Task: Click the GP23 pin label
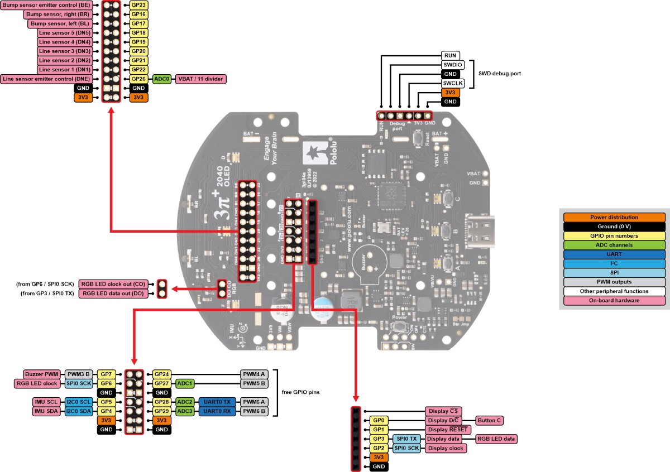[138, 5]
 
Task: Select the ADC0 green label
[162, 79]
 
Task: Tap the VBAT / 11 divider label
[201, 79]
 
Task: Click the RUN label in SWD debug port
[450, 56]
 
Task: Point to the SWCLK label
[450, 83]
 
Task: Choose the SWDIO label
[450, 65]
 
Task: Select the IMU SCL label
[46, 402]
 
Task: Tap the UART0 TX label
[217, 402]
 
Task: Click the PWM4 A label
[254, 374]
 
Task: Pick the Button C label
[489, 420]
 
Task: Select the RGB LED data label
[496, 439]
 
